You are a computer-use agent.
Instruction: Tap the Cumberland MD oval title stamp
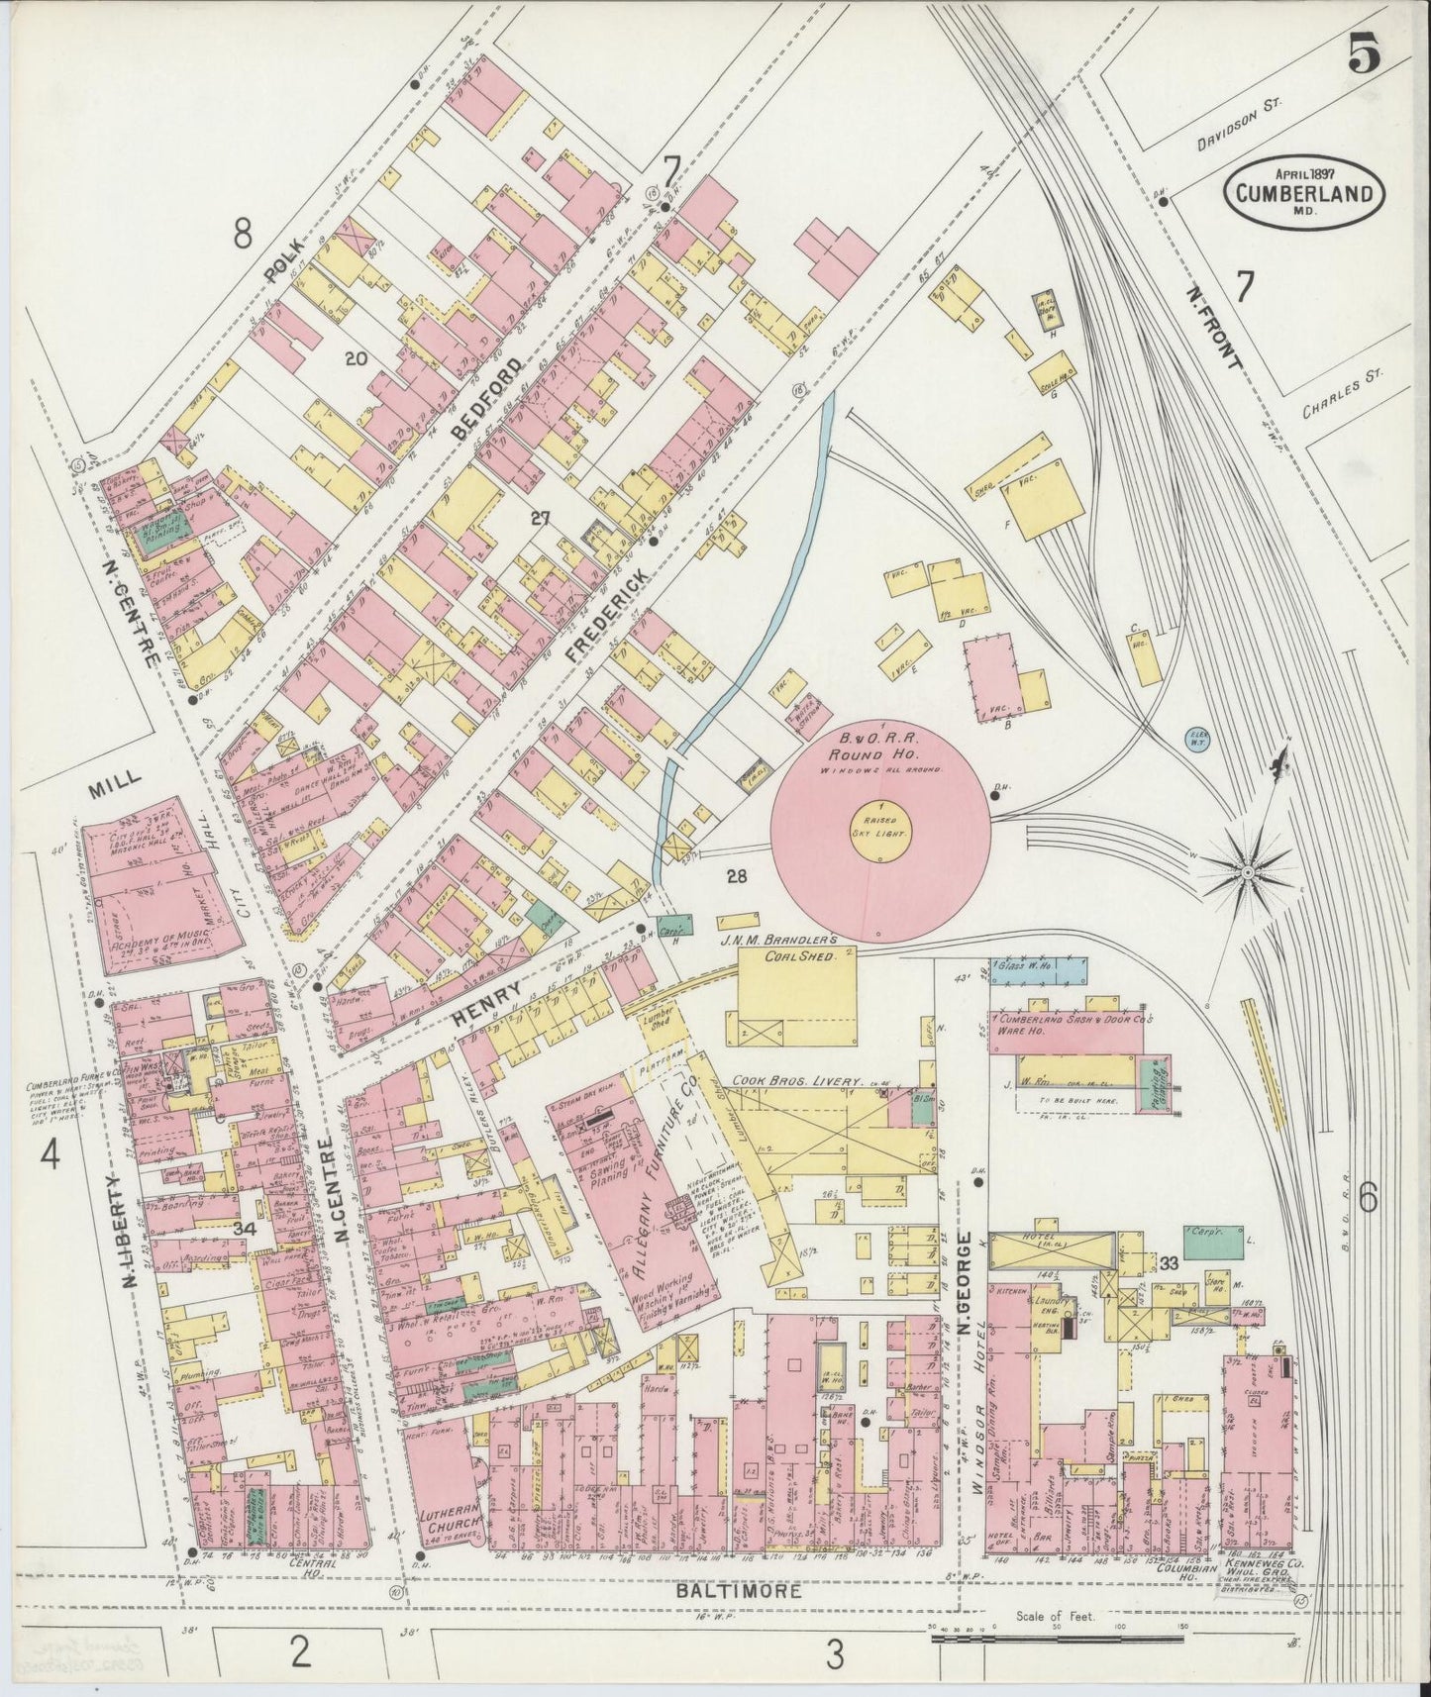coord(1304,192)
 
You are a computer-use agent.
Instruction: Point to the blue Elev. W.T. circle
coord(1198,739)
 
